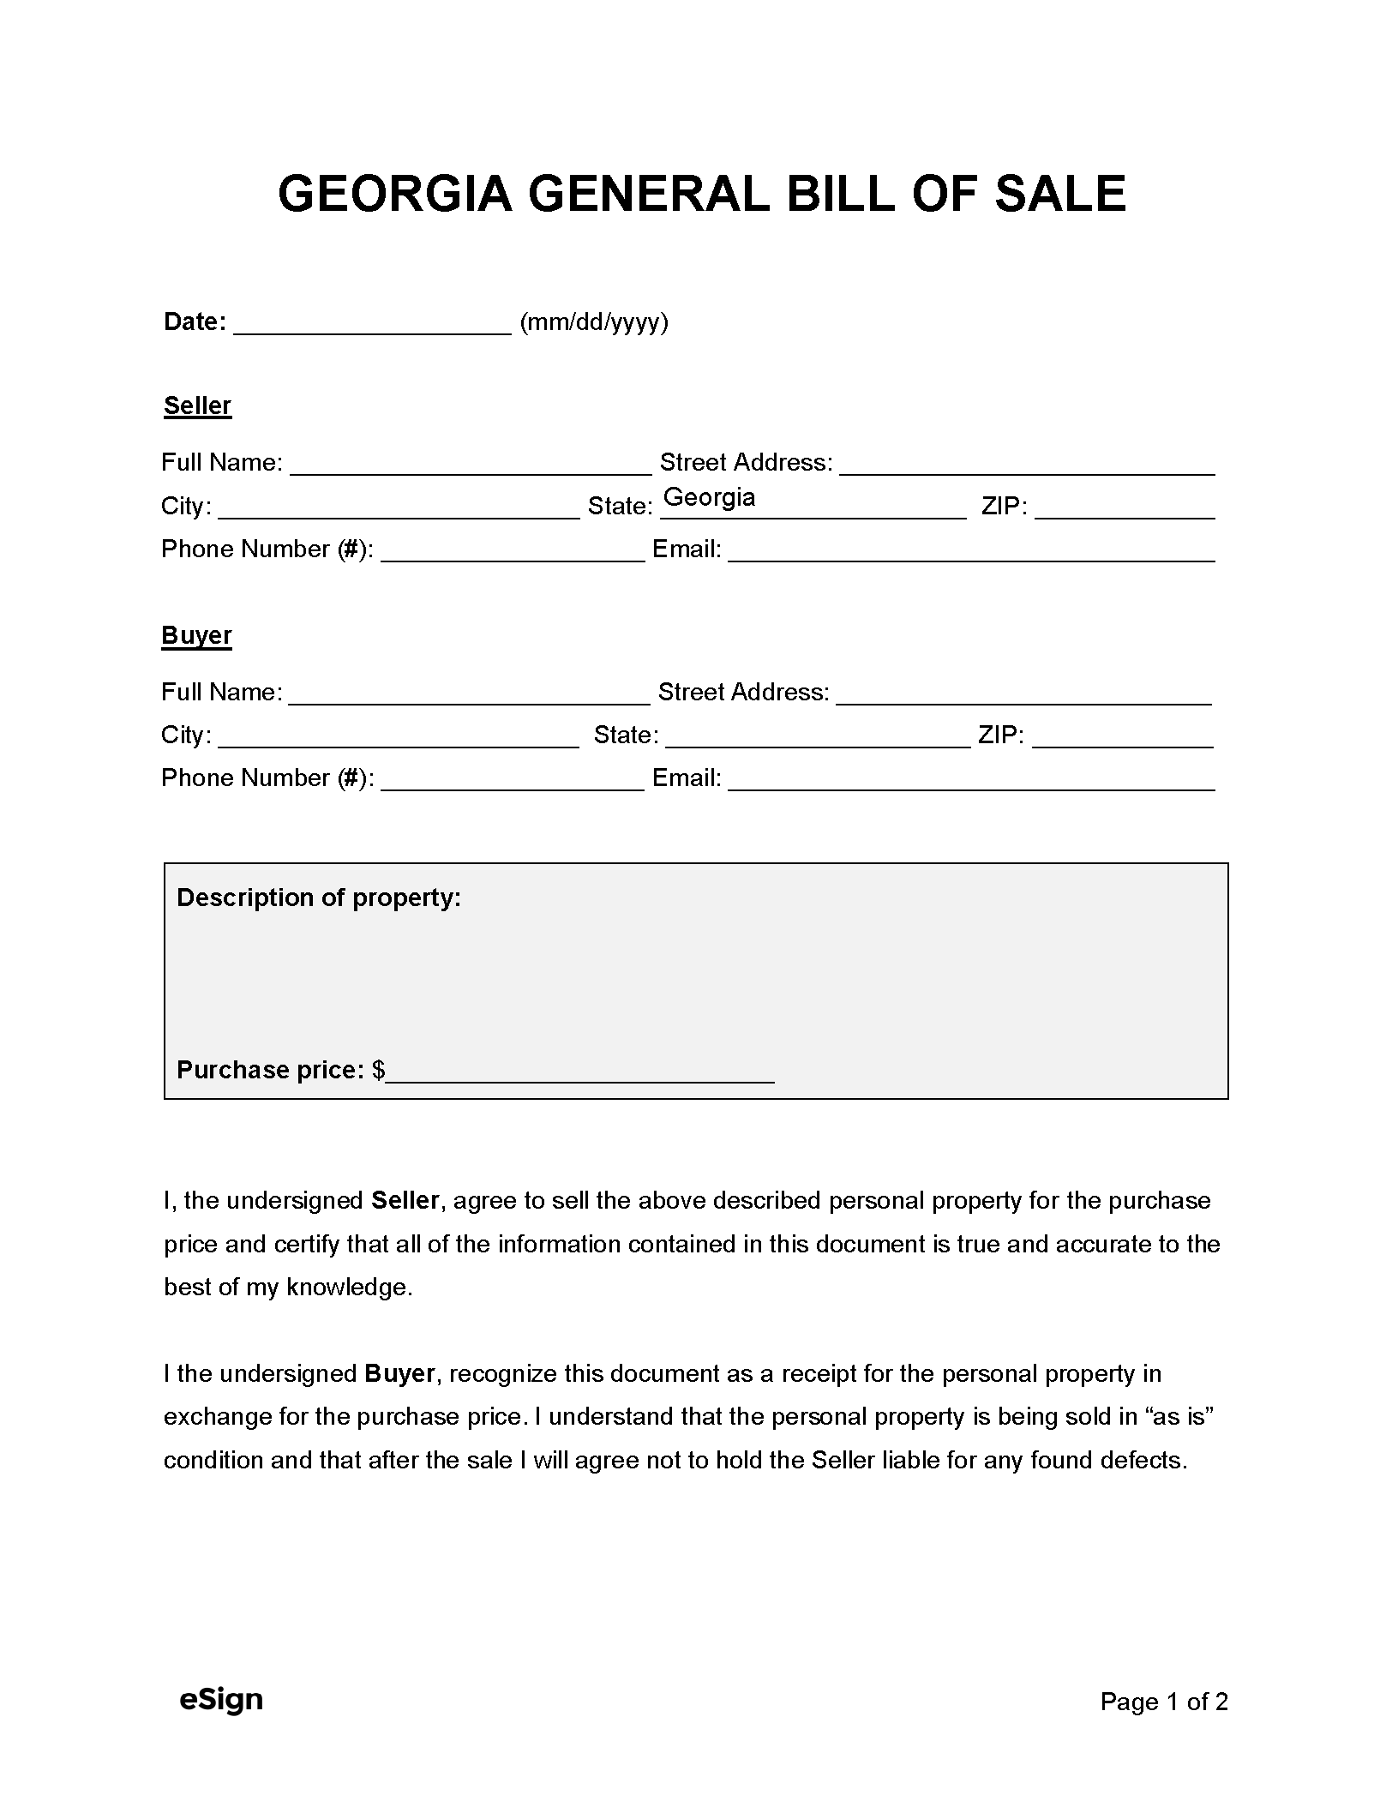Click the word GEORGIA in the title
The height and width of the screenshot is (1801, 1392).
(x=395, y=194)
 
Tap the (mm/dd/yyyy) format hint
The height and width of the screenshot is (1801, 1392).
(x=594, y=322)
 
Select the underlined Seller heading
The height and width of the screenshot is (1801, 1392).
(x=197, y=405)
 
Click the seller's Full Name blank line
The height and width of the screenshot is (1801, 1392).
(x=471, y=465)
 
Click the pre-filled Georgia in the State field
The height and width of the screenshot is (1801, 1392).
(x=709, y=498)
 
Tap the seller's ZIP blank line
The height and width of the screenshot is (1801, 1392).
(x=1125, y=509)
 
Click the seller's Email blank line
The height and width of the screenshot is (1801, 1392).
(x=971, y=552)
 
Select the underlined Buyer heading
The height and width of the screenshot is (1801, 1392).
(x=196, y=635)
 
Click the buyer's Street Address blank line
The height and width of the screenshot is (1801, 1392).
(x=1023, y=695)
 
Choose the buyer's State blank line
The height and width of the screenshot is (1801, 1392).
(x=817, y=738)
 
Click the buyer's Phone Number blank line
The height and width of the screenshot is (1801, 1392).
(x=512, y=781)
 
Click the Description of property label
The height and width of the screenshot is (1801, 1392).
(x=319, y=897)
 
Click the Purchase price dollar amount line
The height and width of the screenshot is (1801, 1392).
(x=579, y=1072)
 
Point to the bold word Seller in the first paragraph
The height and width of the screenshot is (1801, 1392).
(x=405, y=1201)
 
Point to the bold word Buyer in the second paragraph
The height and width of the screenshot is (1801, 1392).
(x=400, y=1374)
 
